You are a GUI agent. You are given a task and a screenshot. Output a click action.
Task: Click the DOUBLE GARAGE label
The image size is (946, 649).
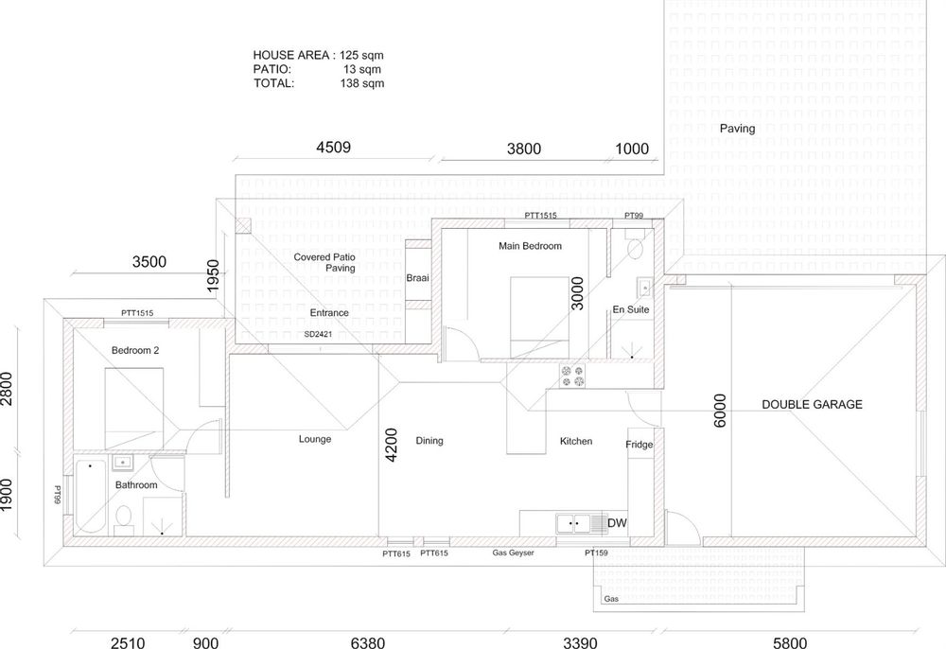point(812,405)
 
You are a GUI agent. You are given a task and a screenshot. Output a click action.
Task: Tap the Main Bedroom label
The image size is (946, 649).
point(530,246)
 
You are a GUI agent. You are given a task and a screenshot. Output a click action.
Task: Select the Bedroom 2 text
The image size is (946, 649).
point(135,350)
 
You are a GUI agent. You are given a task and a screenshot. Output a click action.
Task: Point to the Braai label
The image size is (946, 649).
point(417,278)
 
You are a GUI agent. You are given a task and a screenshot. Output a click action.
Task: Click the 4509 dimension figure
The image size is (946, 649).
point(334,148)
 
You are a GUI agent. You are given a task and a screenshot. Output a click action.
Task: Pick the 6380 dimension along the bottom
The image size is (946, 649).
point(367,642)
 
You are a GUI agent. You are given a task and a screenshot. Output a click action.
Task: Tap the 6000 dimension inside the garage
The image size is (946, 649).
point(720,411)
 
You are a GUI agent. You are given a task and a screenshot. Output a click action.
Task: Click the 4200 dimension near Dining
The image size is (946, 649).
point(391,446)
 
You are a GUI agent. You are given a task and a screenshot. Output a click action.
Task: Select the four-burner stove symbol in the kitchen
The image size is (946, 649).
point(572,377)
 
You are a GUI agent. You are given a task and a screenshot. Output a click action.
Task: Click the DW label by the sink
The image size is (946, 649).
point(617,523)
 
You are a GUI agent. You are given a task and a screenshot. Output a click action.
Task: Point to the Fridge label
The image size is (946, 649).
point(639,445)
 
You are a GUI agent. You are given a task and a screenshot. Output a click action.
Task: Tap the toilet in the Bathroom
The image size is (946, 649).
point(124,519)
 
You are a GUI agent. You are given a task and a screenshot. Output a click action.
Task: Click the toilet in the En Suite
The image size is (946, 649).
point(635,243)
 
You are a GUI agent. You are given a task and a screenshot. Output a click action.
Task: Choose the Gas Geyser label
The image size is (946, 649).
point(513,553)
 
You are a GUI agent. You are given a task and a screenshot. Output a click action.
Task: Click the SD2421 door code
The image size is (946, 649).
point(318,334)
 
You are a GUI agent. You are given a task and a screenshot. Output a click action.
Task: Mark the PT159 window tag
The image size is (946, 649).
point(596,553)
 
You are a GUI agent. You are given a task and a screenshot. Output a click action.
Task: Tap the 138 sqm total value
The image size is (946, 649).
point(362,83)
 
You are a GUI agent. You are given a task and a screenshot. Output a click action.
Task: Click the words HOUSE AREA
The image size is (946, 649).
point(290,56)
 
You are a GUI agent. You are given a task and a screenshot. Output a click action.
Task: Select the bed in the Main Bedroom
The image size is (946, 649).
point(539,317)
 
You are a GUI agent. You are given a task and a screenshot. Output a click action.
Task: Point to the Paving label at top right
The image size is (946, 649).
point(737,129)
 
